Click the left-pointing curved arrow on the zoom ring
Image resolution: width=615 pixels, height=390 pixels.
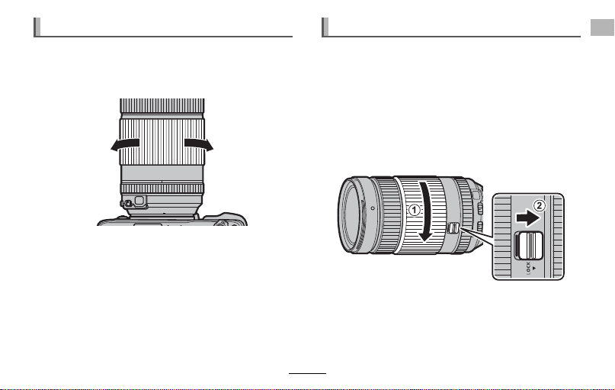click(125, 144)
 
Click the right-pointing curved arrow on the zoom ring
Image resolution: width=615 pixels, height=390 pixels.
click(199, 144)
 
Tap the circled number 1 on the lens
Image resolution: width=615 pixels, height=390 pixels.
click(415, 210)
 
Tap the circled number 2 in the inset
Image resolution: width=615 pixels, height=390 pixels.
click(540, 205)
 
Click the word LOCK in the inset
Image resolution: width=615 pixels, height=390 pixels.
click(528, 268)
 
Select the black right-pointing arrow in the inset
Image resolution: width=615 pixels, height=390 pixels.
click(528, 218)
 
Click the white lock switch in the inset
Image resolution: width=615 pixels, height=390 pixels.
click(528, 246)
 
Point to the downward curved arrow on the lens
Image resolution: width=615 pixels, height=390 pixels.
click(424, 211)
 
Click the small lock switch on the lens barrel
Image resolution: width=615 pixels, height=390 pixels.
click(452, 227)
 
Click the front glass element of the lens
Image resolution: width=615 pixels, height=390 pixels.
click(351, 214)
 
